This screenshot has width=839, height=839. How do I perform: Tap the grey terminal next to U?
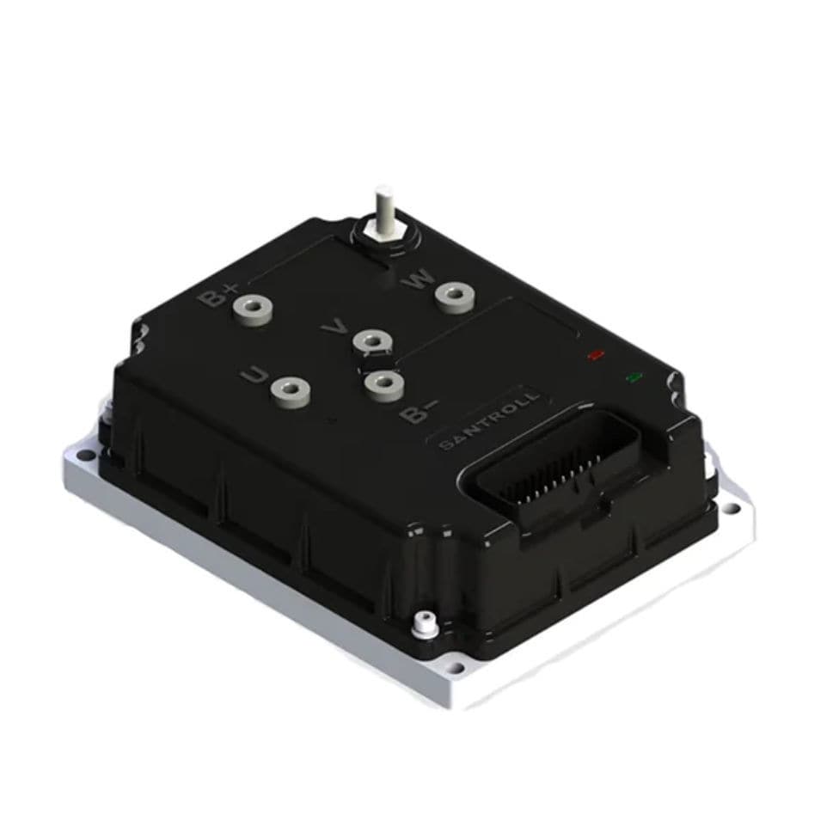[290, 390]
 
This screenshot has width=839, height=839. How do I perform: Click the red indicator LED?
[594, 353]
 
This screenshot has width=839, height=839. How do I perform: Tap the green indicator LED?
[635, 377]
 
